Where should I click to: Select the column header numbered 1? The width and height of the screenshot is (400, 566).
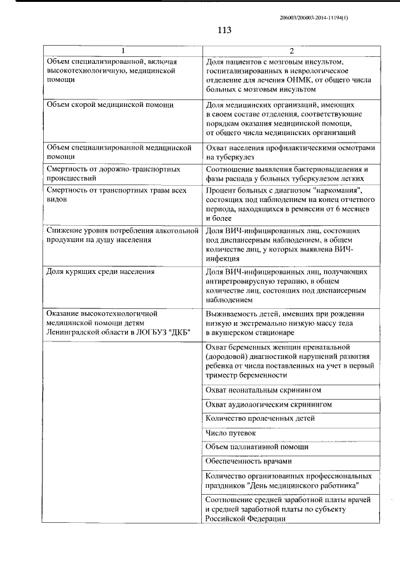coord(122,51)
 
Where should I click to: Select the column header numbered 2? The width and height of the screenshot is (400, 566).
coord(291,51)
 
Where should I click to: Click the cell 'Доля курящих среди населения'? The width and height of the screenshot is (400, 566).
coord(101,272)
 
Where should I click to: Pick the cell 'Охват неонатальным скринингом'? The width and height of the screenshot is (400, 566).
coord(263,390)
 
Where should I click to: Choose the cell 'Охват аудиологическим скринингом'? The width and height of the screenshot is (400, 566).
coord(268,405)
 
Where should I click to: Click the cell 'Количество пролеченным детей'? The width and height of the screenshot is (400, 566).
coord(260,418)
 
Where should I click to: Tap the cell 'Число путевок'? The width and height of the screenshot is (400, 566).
coord(230,433)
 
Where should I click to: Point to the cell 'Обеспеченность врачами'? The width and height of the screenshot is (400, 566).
coord(248,462)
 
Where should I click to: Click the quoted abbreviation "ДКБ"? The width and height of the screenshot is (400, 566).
coord(178,331)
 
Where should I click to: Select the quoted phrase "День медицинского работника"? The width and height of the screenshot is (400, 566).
coord(302,485)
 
